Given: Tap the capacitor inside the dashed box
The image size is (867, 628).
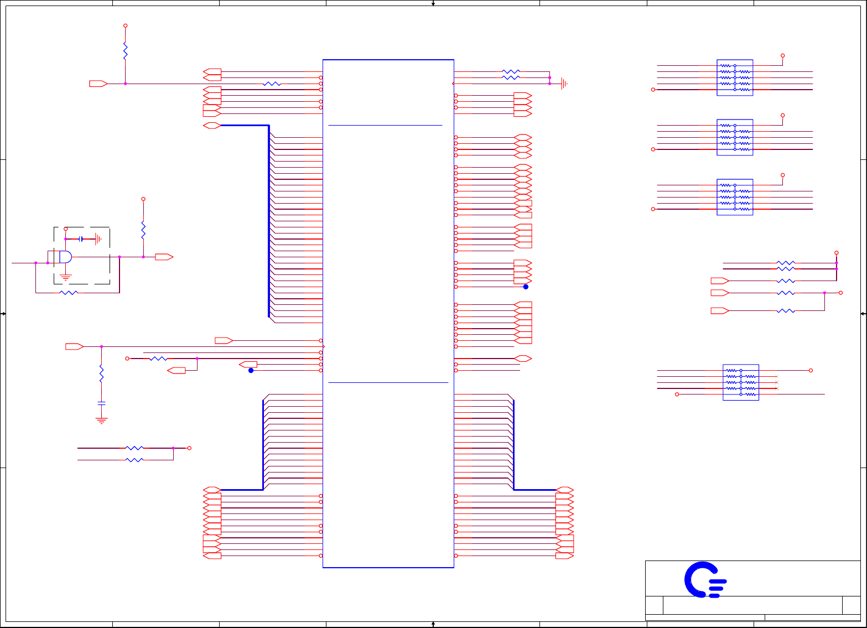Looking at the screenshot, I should click(81, 239).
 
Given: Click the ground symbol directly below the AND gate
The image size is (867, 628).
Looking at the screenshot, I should click(66, 276).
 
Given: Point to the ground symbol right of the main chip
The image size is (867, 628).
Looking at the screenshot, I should click(564, 84).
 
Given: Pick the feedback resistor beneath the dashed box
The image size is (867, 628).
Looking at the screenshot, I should click(69, 292).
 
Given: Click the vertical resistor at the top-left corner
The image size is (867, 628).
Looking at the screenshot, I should click(126, 51).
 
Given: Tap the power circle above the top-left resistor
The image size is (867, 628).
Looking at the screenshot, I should click(126, 26).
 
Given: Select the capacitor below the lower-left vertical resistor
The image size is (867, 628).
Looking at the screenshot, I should click(101, 402).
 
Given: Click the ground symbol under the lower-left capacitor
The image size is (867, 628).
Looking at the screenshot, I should click(101, 420).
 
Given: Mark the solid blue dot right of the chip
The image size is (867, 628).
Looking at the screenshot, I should click(526, 287).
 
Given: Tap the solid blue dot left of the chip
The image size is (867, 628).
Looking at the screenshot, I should click(251, 371).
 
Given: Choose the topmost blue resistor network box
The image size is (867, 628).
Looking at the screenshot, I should click(735, 77).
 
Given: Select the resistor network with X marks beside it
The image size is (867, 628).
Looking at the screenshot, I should click(740, 382).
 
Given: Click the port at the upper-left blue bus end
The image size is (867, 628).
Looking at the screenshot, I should click(212, 126).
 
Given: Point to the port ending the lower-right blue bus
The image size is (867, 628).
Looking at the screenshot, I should click(564, 490).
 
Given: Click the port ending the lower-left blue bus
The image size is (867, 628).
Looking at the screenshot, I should click(212, 490).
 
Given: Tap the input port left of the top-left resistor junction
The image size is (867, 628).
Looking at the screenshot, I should click(98, 84).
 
